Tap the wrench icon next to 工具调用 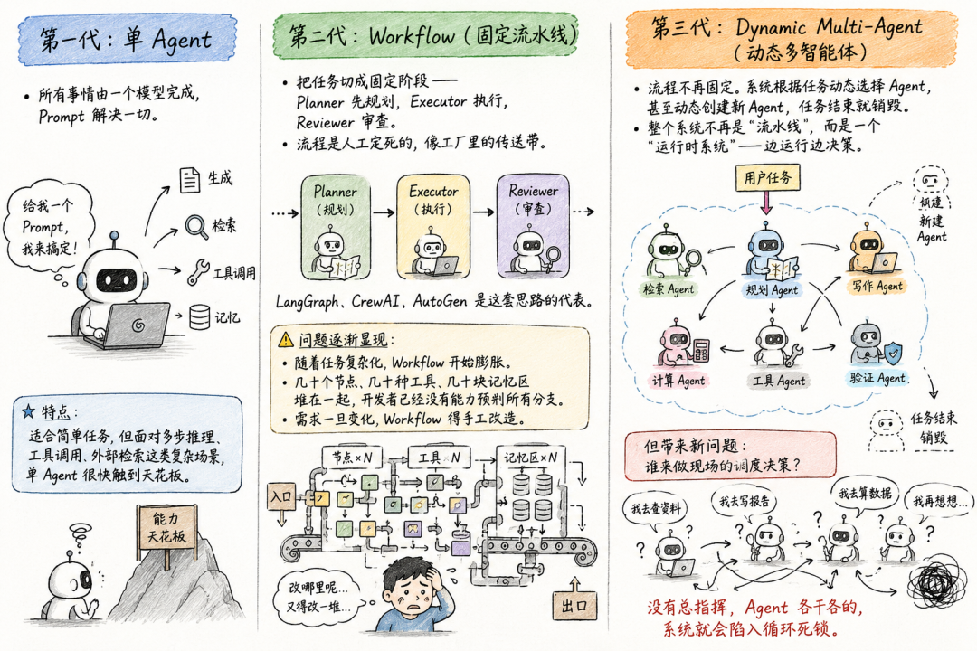(198, 271)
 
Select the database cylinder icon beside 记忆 (199, 316)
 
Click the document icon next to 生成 (189, 180)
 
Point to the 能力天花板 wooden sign (166, 528)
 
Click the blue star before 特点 (28, 411)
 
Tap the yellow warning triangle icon (285, 340)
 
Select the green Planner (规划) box (336, 227)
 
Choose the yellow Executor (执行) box (433, 227)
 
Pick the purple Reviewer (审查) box (533, 227)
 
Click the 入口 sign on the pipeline (281, 497)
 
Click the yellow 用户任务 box (767, 178)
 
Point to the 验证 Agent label (877, 378)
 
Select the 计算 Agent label (678, 380)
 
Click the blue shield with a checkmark (893, 353)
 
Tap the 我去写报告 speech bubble (744, 502)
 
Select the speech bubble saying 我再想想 (941, 502)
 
